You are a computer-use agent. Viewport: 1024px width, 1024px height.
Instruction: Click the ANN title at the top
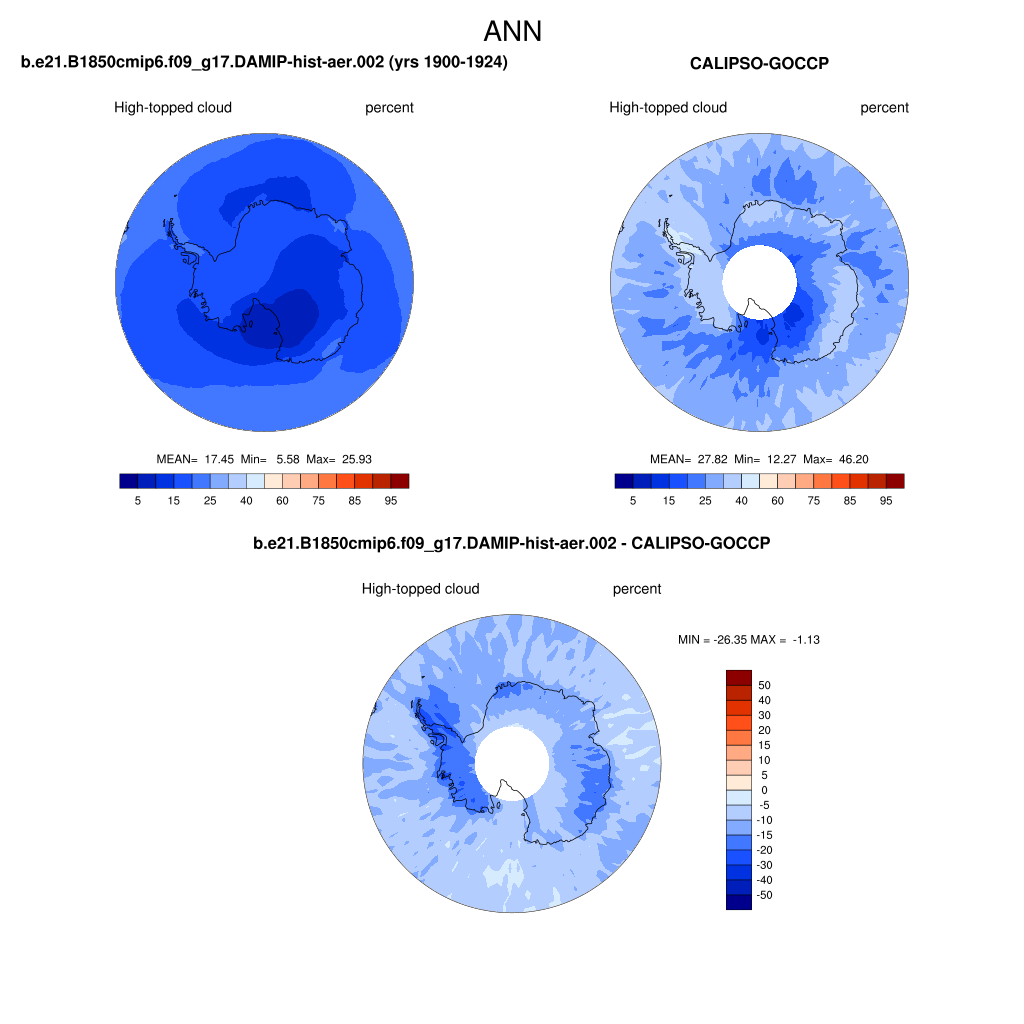click(513, 31)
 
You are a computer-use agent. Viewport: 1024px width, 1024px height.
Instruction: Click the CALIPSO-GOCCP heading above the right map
click(760, 63)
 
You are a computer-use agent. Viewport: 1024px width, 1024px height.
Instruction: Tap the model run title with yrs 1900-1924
click(264, 62)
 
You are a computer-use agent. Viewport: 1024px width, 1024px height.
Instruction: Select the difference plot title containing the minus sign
click(512, 543)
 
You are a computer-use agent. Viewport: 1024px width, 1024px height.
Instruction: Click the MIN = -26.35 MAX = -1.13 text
click(748, 640)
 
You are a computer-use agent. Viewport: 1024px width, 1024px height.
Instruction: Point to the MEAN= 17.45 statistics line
click(264, 459)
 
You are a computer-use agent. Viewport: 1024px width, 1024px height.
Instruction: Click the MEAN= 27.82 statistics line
click(759, 459)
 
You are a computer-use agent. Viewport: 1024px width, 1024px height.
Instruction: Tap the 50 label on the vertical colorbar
click(764, 685)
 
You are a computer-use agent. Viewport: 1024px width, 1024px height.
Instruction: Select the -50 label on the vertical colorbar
click(764, 895)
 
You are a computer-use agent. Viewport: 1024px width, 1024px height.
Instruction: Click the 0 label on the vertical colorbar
click(764, 790)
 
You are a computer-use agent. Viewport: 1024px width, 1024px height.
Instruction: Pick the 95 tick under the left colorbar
click(391, 501)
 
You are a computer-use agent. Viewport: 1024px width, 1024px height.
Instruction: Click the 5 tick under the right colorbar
click(633, 501)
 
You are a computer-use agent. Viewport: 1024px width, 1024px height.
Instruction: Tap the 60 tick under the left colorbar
click(282, 501)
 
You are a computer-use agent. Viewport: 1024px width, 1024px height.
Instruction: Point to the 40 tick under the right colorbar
click(741, 501)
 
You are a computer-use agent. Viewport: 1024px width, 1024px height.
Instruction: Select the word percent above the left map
click(389, 108)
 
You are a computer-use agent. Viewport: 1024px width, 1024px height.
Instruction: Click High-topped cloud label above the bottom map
click(421, 589)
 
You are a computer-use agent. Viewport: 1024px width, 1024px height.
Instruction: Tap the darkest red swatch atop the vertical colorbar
click(739, 678)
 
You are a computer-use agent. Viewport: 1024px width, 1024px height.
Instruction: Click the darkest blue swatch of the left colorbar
click(129, 481)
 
